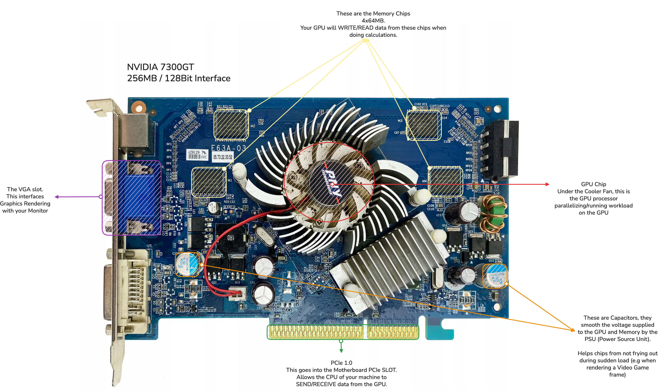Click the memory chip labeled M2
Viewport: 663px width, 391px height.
tap(231, 125)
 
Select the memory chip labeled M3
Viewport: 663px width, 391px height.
tap(424, 125)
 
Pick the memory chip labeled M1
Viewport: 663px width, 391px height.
tap(209, 182)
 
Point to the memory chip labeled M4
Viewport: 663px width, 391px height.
tap(445, 181)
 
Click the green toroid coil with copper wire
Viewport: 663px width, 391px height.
tap(492, 213)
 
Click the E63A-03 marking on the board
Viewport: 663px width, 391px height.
tap(229, 148)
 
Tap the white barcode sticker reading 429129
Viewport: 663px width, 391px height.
tap(197, 155)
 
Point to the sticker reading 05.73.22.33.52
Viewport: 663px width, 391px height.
tap(223, 157)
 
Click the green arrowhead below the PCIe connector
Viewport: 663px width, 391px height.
tap(341, 351)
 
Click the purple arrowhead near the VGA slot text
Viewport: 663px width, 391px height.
tap(57, 197)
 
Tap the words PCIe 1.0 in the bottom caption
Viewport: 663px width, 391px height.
tap(341, 363)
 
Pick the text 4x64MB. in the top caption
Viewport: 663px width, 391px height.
tap(373, 21)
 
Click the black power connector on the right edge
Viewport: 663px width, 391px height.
tap(500, 149)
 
